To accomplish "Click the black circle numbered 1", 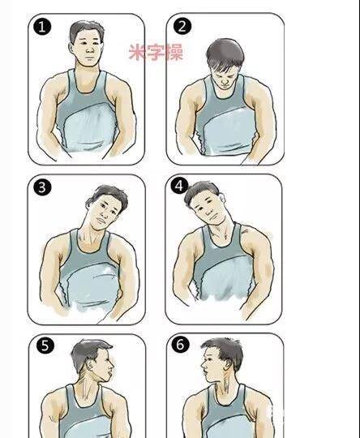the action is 42,27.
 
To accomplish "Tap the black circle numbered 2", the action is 182,26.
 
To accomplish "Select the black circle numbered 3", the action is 42,187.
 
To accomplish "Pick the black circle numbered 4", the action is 179,186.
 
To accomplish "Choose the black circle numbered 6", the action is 181,344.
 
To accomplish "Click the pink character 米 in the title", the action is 137,52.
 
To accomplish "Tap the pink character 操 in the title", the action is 174,52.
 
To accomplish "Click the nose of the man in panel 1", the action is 90,50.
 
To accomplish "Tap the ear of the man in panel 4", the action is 222,197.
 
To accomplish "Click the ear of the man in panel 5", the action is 90,364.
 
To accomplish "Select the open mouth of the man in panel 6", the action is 205,372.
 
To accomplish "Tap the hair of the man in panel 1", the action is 86,31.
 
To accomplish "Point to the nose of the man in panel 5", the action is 112,364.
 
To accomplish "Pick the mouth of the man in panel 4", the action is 212,217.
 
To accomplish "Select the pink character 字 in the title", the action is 156,52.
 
